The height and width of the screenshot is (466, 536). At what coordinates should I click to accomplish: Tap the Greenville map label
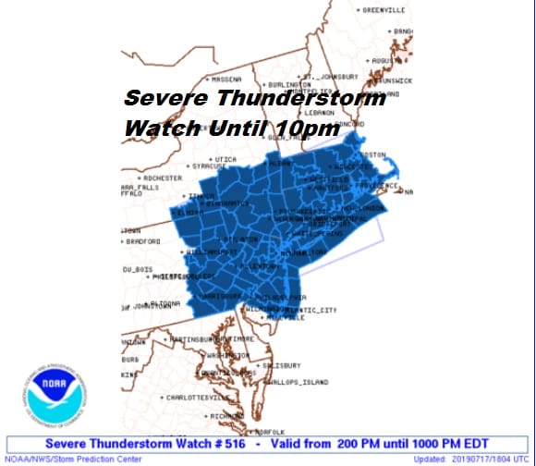384,10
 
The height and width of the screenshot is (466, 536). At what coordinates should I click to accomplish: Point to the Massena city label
226,79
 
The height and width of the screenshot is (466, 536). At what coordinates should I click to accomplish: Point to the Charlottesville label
200,397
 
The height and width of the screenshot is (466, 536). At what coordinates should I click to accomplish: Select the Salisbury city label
280,365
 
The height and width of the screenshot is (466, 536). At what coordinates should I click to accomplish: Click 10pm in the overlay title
308,129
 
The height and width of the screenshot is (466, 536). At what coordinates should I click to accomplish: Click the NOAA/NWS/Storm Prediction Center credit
61,459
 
